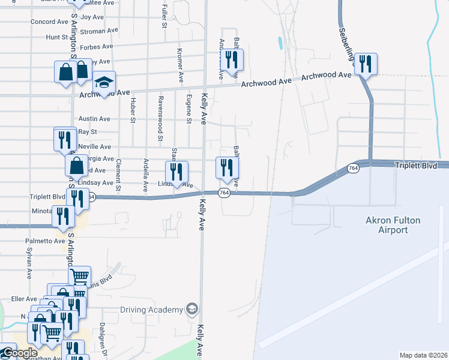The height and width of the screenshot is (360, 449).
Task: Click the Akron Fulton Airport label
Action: pyautogui.click(x=393, y=225)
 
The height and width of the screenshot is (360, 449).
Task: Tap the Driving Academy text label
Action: pyautogui.click(x=151, y=310)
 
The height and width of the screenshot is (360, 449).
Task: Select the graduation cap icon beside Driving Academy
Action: pyautogui.click(x=192, y=309)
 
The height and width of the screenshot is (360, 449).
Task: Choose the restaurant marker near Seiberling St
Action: pyautogui.click(x=366, y=63)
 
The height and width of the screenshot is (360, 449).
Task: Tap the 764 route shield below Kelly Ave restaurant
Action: pyautogui.click(x=224, y=193)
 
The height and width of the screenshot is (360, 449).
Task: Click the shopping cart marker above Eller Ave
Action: pyautogui.click(x=79, y=277)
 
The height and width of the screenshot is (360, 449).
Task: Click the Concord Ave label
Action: pyautogui.click(x=49, y=22)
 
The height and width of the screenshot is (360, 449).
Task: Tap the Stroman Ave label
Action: pyautogui.click(x=98, y=31)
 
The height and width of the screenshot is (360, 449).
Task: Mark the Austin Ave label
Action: pyautogui.click(x=94, y=119)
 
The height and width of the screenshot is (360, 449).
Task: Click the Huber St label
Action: pyautogui.click(x=133, y=109)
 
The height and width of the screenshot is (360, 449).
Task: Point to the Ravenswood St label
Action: pyautogui.click(x=160, y=118)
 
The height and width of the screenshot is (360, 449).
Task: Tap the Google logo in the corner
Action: pyautogui.click(x=19, y=353)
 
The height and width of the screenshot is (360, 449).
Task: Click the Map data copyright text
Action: pyautogui.click(x=423, y=355)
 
